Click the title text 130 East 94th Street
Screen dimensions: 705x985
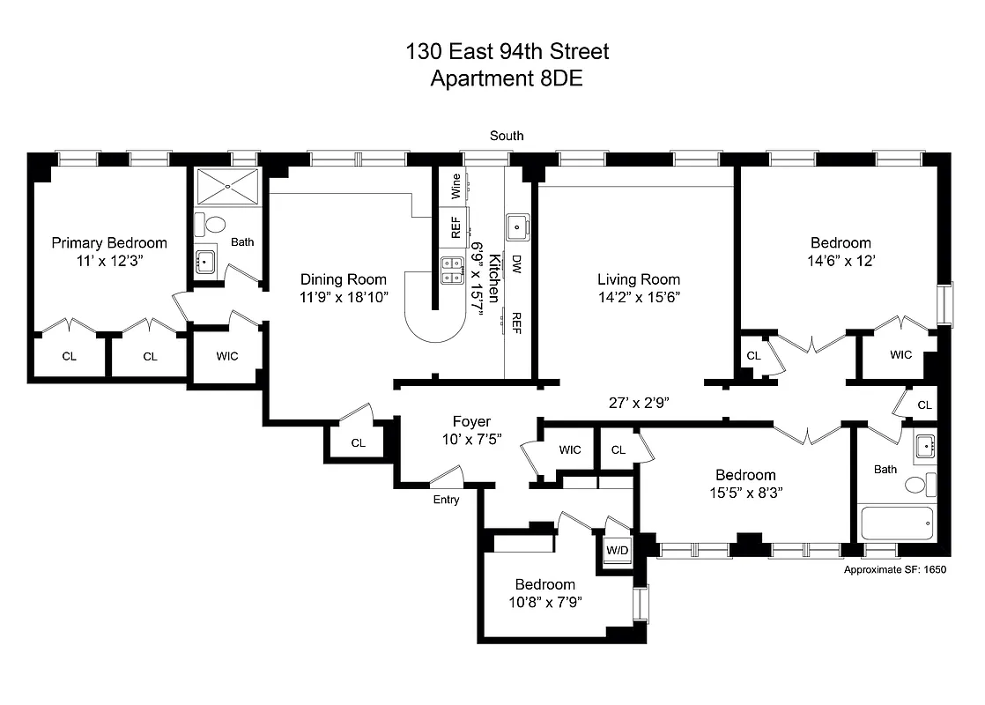[x=507, y=52]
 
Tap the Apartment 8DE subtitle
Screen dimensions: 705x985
[x=507, y=78]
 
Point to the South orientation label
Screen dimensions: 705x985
[x=507, y=136]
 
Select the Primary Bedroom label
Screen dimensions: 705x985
[x=108, y=243]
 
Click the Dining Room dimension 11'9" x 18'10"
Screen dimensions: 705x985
[x=343, y=298]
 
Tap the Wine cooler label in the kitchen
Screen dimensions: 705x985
[x=455, y=185]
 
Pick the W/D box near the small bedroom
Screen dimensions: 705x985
[x=617, y=551]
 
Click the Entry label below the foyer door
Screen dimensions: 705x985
[x=446, y=500]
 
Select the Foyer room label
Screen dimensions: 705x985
[x=471, y=422]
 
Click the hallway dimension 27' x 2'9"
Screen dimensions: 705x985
[x=639, y=403]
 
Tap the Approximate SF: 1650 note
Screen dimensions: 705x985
[x=894, y=570]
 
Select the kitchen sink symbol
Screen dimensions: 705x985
[x=516, y=226]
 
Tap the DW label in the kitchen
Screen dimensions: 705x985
[x=517, y=262]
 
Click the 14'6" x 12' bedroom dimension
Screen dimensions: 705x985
[x=841, y=261]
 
